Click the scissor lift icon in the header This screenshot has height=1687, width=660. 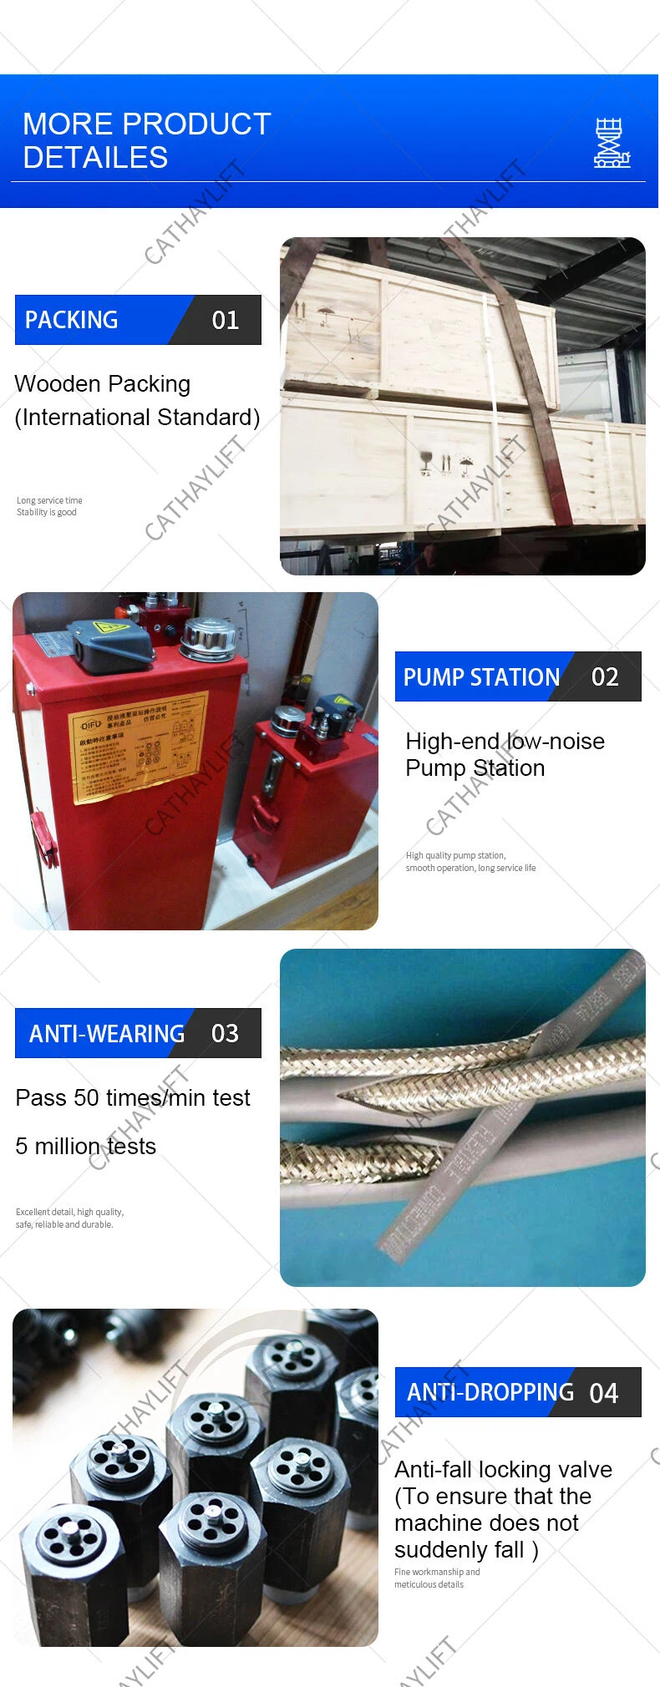[611, 143]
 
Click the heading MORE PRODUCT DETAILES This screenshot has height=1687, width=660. [146, 140]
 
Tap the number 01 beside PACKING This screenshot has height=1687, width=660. [225, 320]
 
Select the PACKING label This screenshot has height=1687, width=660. [72, 320]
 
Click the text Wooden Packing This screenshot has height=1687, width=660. [103, 384]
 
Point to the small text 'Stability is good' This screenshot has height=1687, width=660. [47, 512]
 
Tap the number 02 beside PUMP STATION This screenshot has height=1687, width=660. [605, 676]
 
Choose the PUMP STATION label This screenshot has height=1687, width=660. [481, 676]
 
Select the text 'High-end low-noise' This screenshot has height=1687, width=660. [505, 742]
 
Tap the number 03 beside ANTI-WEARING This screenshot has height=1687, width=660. [225, 1033]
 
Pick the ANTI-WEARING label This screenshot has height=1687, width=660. [107, 1034]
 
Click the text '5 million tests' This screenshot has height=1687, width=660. [85, 1146]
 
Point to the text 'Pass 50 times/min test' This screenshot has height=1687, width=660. [133, 1097]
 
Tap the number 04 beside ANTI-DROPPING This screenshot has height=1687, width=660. [603, 1393]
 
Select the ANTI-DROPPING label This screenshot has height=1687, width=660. [490, 1392]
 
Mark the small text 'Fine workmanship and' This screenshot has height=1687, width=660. [437, 1572]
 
